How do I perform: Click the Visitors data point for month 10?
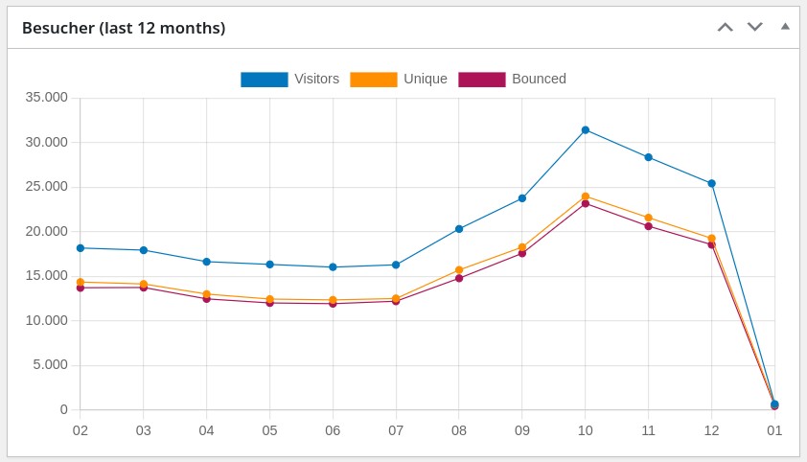pos(586,129)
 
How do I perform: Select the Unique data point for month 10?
pos(586,196)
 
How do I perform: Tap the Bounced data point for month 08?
pos(459,278)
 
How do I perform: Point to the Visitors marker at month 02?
pos(81,248)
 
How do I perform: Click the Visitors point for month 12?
pos(712,183)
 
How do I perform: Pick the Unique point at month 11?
pos(649,218)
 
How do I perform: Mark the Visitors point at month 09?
pos(522,198)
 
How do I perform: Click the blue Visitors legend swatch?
pos(264,80)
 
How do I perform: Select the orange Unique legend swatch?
pos(373,80)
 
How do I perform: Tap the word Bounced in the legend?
pos(539,80)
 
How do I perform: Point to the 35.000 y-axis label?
pos(48,98)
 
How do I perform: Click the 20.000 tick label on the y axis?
pos(48,231)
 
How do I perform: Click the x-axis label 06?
pos(333,431)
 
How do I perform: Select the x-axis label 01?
pos(774,431)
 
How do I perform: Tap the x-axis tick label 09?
pos(522,431)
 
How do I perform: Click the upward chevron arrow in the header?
pos(726,27)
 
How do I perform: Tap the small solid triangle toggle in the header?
pos(785,26)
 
